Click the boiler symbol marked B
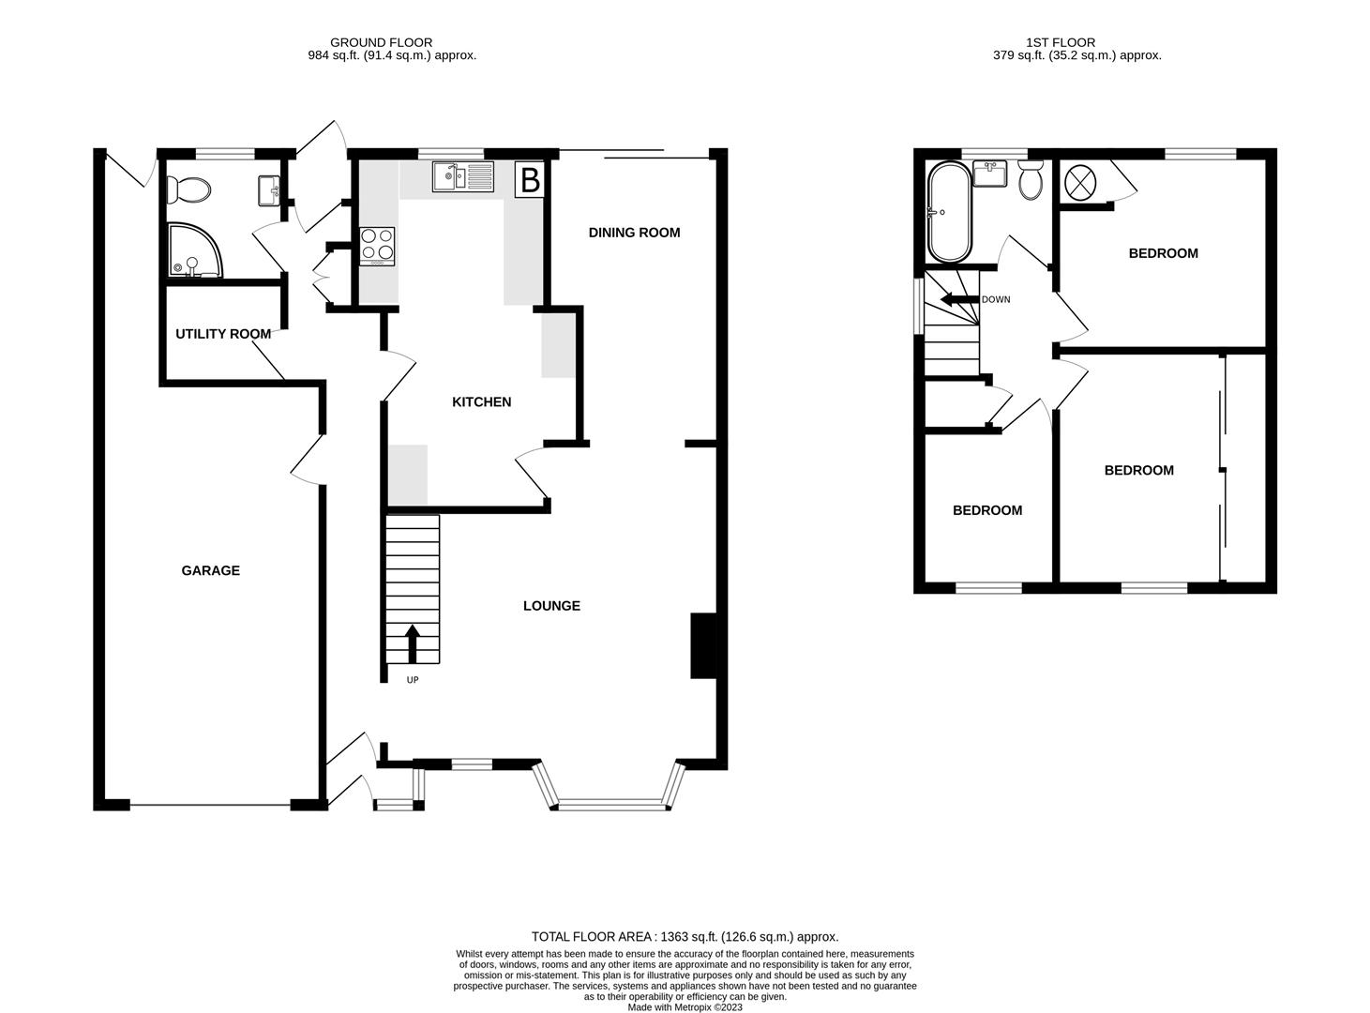tap(530, 179)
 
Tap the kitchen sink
tap(462, 176)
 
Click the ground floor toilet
tap(188, 190)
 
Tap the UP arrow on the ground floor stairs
tap(412, 645)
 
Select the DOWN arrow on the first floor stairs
tap(957, 300)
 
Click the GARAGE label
tap(210, 570)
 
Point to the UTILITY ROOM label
tap(223, 334)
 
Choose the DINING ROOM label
tap(634, 233)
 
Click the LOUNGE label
tap(551, 606)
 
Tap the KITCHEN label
tap(481, 402)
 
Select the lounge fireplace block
tap(702, 645)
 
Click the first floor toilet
tap(1030, 181)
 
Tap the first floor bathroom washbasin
tap(989, 174)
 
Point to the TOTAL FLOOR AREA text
tap(685, 936)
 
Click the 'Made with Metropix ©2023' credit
tap(685, 1007)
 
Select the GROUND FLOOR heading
tap(381, 42)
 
